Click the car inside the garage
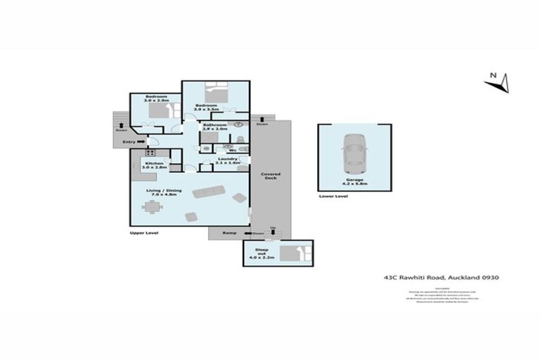(354, 154)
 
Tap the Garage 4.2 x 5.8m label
(354, 182)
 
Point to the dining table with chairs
(151, 207)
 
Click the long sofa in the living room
(209, 191)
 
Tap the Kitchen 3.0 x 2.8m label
(154, 165)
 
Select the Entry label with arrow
(131, 142)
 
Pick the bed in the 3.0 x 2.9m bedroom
(161, 110)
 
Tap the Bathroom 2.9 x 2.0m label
(214, 127)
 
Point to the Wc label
(232, 150)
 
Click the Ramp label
(229, 233)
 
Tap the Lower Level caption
(333, 196)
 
